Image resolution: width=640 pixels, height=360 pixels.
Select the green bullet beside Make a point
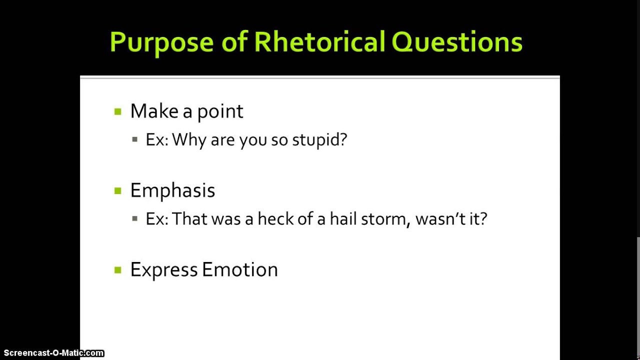[x=118, y=111]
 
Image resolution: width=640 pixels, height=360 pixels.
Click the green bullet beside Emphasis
[x=118, y=190]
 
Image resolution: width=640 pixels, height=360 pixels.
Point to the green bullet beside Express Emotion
[x=118, y=270]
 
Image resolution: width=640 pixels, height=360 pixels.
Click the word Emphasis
[x=172, y=190]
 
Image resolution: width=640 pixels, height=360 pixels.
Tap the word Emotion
[x=239, y=269]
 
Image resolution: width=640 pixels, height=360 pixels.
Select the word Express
[x=164, y=270]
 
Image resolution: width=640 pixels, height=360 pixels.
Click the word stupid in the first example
[x=319, y=140]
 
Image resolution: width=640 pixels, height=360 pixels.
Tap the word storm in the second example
[x=382, y=219]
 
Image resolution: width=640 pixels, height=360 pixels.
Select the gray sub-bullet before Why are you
[x=135, y=139]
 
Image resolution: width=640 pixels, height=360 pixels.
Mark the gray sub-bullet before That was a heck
[x=135, y=218]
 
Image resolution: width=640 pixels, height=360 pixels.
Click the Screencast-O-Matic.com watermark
[x=53, y=353]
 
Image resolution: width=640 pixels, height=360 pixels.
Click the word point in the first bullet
[x=220, y=111]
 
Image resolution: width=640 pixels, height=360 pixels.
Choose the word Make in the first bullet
[x=154, y=111]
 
